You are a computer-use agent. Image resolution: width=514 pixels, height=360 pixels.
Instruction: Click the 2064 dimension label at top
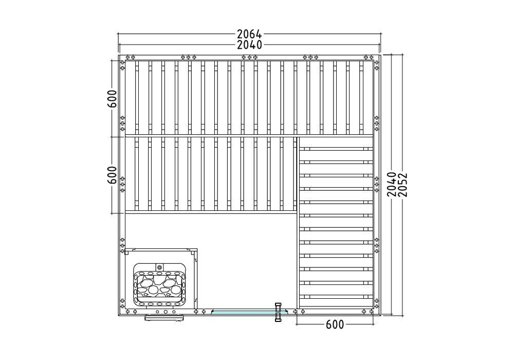250,34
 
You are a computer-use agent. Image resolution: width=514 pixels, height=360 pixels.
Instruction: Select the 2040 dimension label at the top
250,45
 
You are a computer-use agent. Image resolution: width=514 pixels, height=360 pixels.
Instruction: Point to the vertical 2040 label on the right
391,185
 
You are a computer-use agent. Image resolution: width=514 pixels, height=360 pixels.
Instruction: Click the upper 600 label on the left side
112,99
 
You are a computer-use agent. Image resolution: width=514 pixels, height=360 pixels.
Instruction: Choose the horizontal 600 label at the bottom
335,325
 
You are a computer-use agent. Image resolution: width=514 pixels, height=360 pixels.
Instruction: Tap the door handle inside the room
278,307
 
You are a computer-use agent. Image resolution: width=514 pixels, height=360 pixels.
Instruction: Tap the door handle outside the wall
278,317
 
